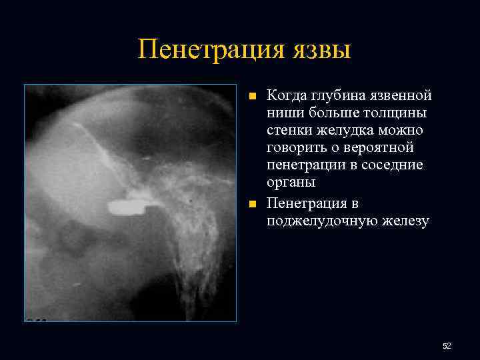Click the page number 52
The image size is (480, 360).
pyautogui.click(x=447, y=345)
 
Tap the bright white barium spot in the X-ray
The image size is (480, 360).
pyautogui.click(x=124, y=207)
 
